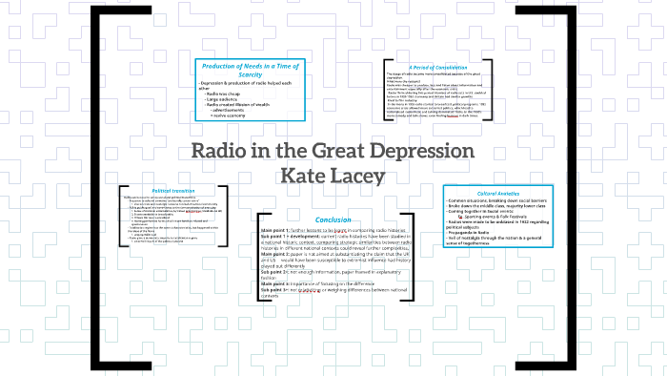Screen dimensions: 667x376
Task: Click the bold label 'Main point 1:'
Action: tap(276, 231)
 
